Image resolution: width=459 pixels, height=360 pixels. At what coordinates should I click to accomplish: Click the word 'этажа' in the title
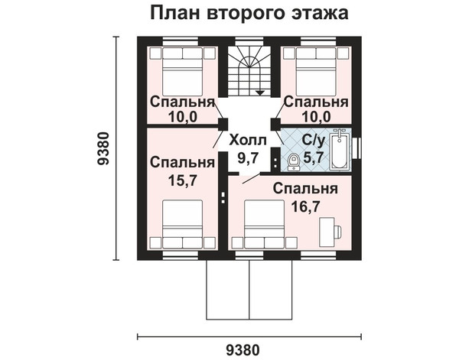pos(319,13)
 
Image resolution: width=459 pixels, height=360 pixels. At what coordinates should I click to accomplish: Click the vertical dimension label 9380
pos(103,148)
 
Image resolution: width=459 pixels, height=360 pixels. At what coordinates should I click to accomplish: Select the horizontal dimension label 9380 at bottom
pos(243,350)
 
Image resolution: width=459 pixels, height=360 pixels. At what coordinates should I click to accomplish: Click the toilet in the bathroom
pos(293,162)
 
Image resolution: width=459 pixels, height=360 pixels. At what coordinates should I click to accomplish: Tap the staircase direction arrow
pos(260,92)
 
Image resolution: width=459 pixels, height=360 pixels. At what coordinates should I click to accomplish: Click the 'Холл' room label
pos(248,141)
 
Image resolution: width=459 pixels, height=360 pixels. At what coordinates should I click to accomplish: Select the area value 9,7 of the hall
pos(248,158)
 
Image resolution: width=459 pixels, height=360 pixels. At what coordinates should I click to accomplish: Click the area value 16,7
pos(305,207)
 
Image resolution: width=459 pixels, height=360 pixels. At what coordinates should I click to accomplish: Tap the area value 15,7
pos(182,180)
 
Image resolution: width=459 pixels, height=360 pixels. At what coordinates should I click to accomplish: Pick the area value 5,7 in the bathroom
pos(314,158)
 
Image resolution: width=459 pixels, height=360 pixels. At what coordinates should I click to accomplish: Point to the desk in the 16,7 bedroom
pos(327,232)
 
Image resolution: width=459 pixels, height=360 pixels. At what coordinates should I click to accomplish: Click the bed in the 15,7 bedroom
pos(183,224)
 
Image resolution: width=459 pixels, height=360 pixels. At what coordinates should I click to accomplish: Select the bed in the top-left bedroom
pos(183,72)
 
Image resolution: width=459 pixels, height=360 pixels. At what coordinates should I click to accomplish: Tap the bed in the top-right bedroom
pos(317,72)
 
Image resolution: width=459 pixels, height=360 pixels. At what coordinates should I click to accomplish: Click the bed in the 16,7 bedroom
pos(265,224)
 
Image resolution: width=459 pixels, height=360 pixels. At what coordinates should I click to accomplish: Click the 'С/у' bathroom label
pos(314,141)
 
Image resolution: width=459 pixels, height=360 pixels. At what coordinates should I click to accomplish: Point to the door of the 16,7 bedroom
pos(252,178)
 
